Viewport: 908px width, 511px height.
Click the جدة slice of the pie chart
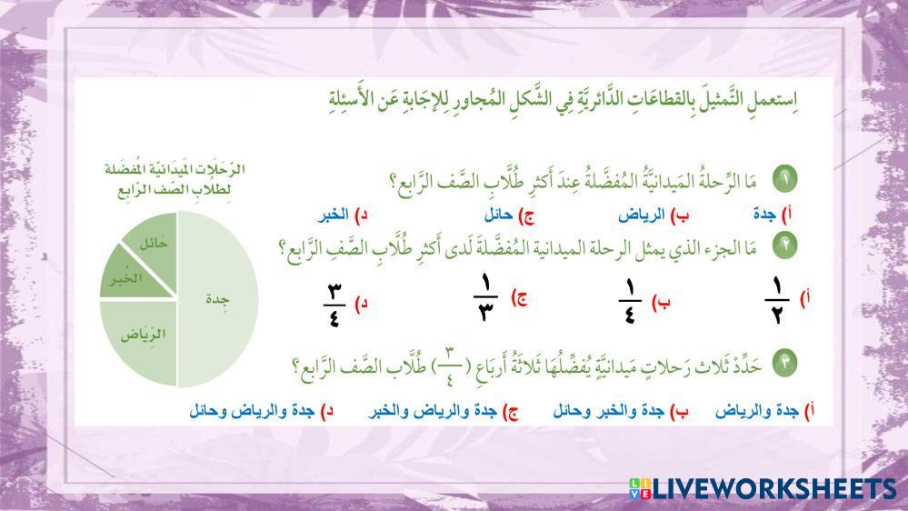point(217,299)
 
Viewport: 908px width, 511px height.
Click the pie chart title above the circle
point(175,180)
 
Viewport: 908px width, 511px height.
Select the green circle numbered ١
point(784,179)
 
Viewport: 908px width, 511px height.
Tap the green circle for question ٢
point(784,245)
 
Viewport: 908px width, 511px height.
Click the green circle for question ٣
point(784,364)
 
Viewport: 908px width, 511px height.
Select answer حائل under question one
point(498,215)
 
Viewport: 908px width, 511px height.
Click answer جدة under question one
point(764,215)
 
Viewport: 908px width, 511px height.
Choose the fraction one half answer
point(776,301)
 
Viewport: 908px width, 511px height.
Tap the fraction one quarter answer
point(630,301)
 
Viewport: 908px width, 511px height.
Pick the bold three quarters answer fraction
point(334,305)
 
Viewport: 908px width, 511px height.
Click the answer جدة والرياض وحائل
point(252,411)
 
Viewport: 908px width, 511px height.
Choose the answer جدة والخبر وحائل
point(608,411)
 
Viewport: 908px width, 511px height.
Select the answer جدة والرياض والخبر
point(432,411)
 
